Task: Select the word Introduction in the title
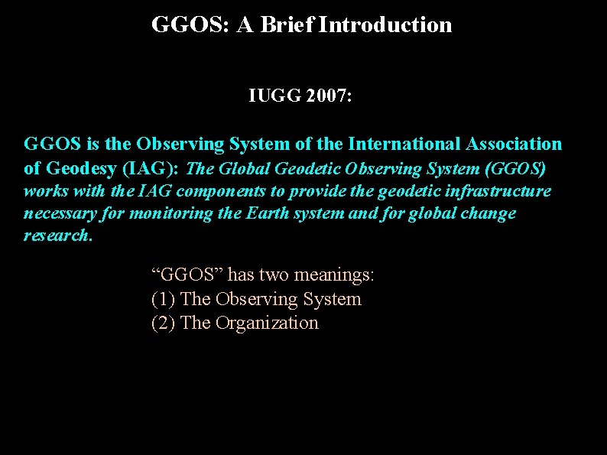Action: click(386, 25)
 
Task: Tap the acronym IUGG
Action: click(274, 97)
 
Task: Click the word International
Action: click(402, 144)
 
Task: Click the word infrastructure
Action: click(498, 190)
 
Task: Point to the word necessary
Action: click(57, 213)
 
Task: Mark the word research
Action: click(57, 236)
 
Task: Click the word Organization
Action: click(267, 323)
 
